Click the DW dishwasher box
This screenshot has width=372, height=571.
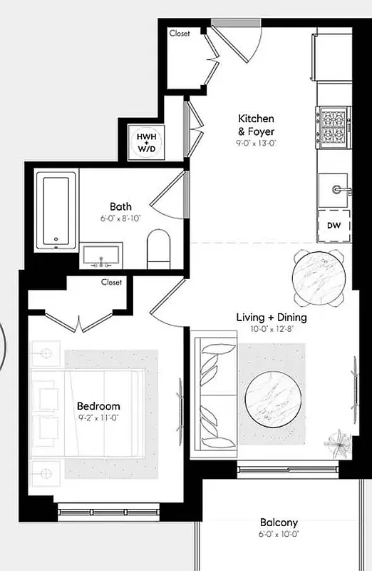[333, 226]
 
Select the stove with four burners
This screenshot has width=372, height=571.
[334, 126]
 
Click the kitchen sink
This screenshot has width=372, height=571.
[334, 190]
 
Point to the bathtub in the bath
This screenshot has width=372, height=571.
[57, 211]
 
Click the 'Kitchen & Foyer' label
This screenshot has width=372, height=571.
[256, 124]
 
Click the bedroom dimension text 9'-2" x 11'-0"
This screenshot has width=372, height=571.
[98, 418]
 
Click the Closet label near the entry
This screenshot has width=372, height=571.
[180, 33]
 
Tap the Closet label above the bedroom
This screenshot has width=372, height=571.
[112, 282]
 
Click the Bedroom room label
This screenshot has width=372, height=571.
[98, 406]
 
